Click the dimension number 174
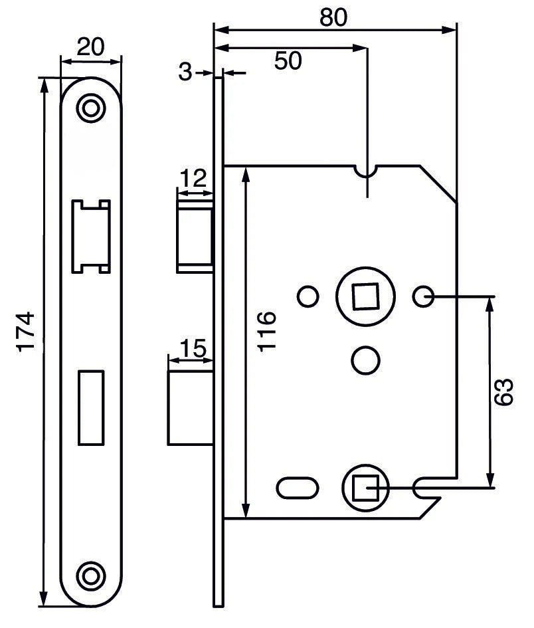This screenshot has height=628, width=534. point(25,332)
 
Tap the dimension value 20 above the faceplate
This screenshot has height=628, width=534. point(91,47)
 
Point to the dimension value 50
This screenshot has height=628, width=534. point(287,60)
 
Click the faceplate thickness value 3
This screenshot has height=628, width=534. point(185,72)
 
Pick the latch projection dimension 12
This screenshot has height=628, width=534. point(193,179)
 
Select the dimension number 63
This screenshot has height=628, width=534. point(506,392)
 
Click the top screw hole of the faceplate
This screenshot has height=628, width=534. point(91,108)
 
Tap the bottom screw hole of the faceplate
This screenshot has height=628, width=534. point(91,574)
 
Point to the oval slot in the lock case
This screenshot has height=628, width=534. point(297,488)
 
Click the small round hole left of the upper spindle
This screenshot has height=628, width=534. point(308,296)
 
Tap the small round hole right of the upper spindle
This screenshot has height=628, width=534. point(422,296)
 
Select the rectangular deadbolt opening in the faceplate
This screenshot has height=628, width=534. point(91,407)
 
